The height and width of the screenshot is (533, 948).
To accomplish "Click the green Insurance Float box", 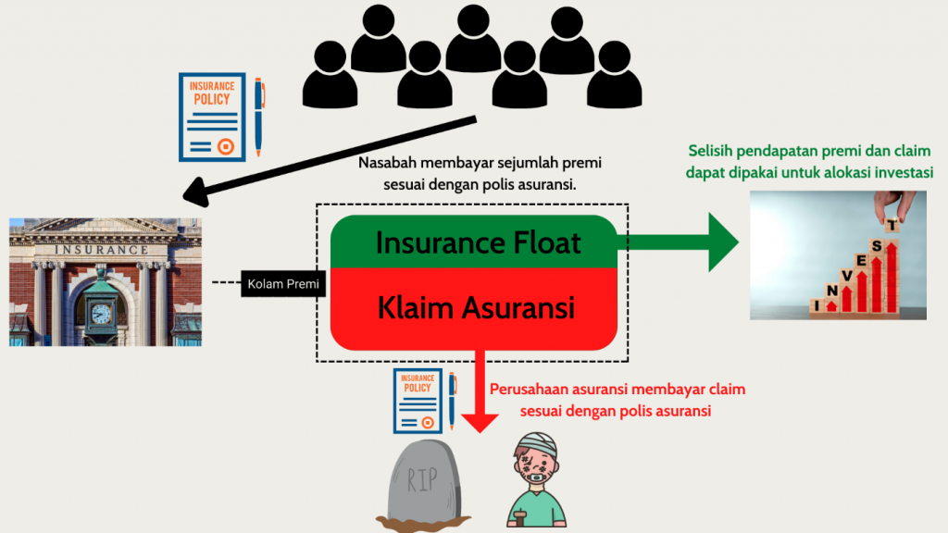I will [x=477, y=242].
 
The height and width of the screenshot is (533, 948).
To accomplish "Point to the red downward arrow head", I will [x=480, y=421].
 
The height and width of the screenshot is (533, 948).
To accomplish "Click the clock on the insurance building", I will [x=100, y=313].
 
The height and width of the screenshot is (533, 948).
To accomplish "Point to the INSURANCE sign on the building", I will [x=101, y=250].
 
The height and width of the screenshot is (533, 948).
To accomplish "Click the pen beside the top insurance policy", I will [x=259, y=116].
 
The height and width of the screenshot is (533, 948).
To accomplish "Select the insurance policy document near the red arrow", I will [x=417, y=401].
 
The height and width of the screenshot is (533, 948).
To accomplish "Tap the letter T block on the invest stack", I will [x=892, y=224].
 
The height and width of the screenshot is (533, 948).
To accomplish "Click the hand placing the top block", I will [x=902, y=204].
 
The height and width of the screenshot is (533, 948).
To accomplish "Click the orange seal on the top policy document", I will [x=224, y=145].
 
